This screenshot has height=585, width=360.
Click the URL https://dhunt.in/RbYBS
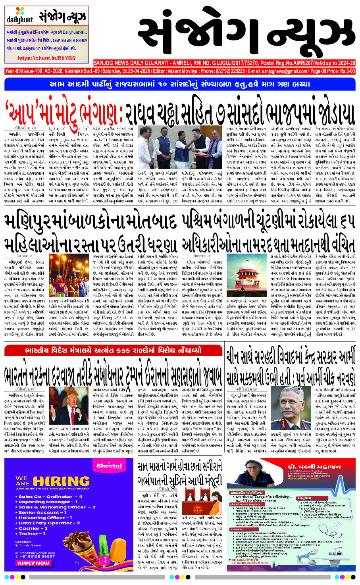coord(46,58)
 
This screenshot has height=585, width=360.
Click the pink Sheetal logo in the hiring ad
coord(109,466)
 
